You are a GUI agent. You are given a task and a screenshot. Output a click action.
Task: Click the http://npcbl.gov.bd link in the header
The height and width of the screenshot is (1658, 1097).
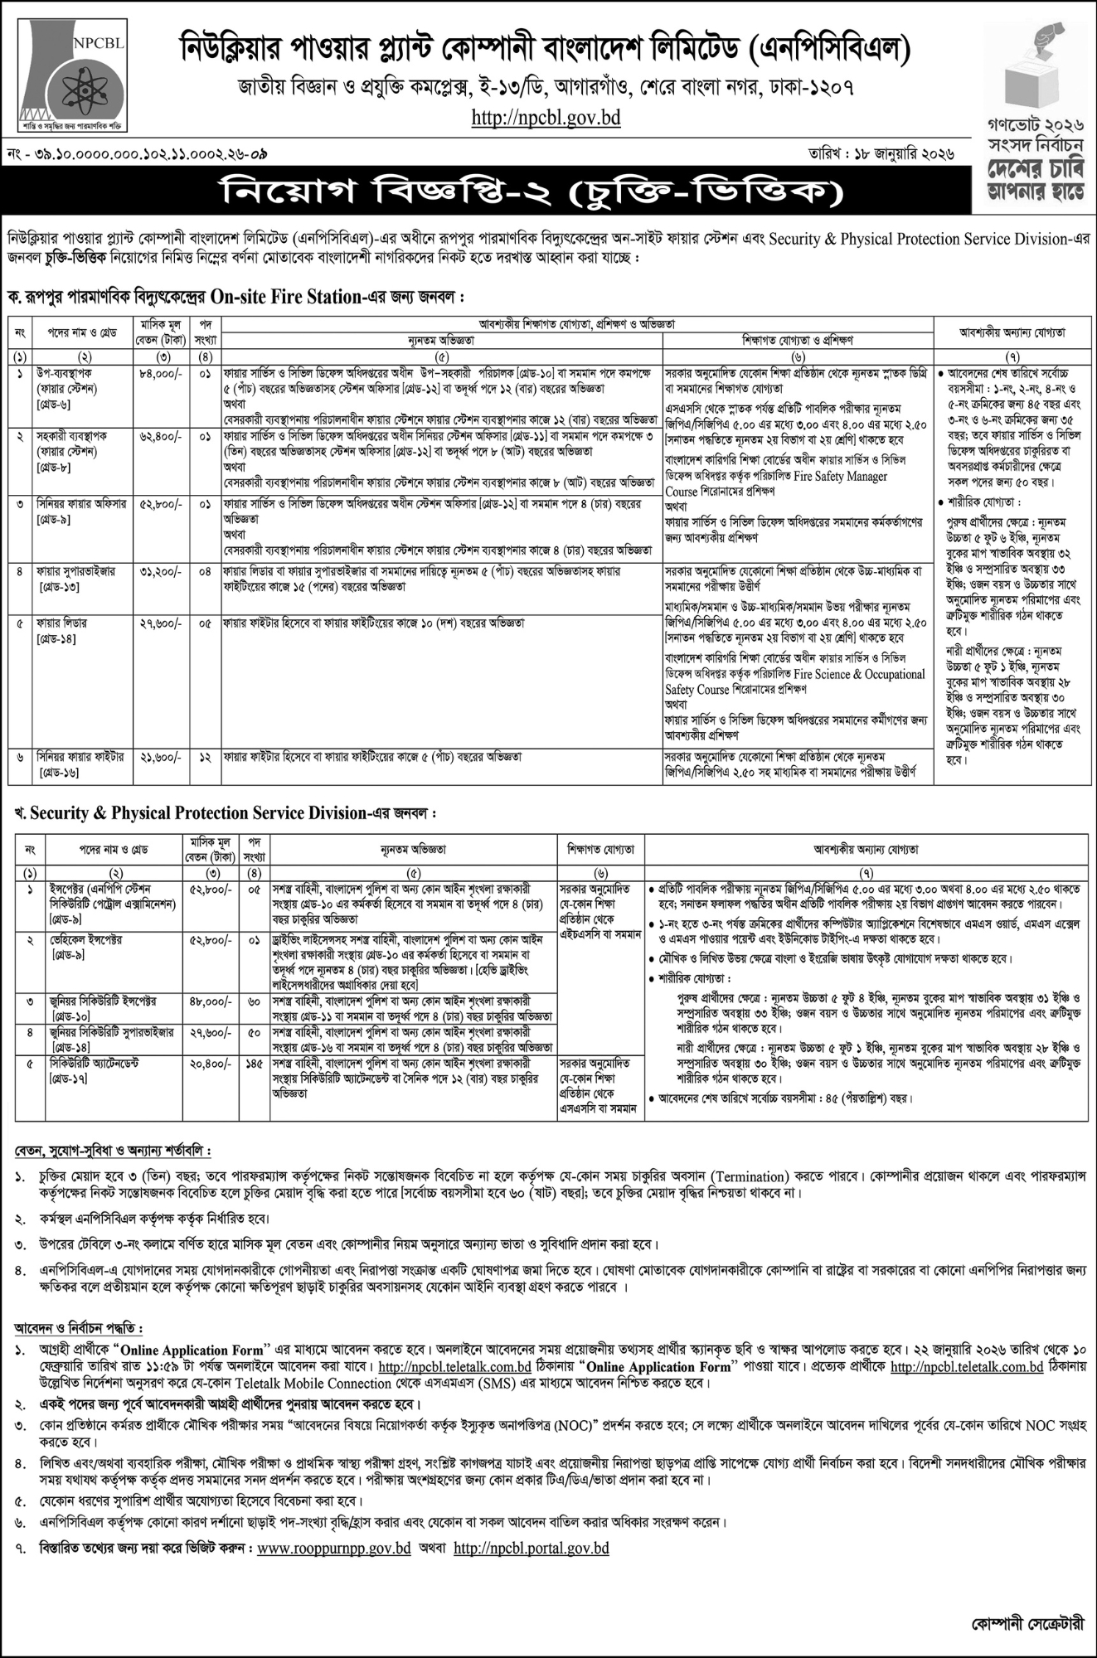tap(546, 118)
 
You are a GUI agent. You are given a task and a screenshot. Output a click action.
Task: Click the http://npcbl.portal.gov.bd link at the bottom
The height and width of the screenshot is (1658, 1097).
tap(532, 1548)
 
